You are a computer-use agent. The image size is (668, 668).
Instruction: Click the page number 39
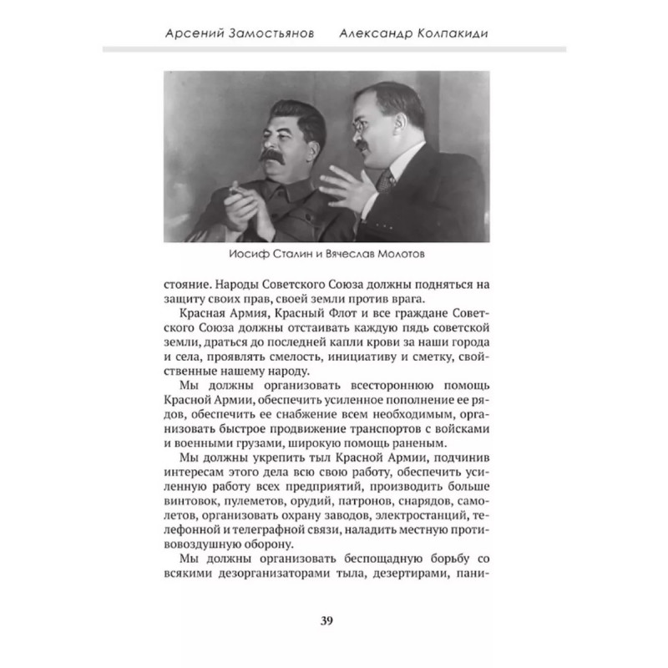coord(327,620)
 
